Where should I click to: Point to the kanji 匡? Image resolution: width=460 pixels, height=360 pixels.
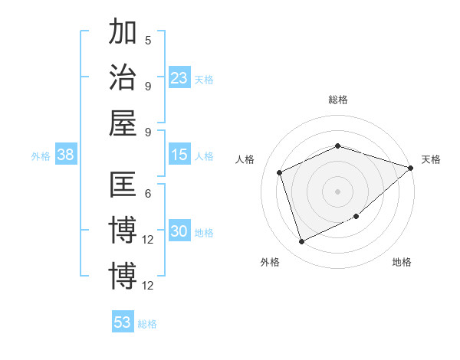(123, 186)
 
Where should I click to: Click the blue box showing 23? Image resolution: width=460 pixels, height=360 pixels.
(179, 77)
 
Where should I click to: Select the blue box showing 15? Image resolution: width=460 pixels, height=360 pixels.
(179, 155)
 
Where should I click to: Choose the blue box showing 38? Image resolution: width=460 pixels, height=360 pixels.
(66, 155)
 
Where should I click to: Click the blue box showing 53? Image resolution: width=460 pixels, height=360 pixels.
(123, 322)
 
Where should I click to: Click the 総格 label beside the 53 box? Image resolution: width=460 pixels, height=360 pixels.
(147, 323)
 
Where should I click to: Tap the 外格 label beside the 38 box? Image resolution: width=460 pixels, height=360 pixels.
(41, 156)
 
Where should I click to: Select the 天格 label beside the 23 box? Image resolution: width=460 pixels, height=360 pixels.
(204, 79)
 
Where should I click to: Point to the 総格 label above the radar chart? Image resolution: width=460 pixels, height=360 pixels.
(337, 100)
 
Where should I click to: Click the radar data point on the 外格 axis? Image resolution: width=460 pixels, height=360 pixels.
(301, 242)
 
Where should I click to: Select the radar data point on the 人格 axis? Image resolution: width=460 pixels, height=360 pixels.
(280, 172)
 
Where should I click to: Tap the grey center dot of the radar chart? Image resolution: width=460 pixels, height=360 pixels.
(337, 191)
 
